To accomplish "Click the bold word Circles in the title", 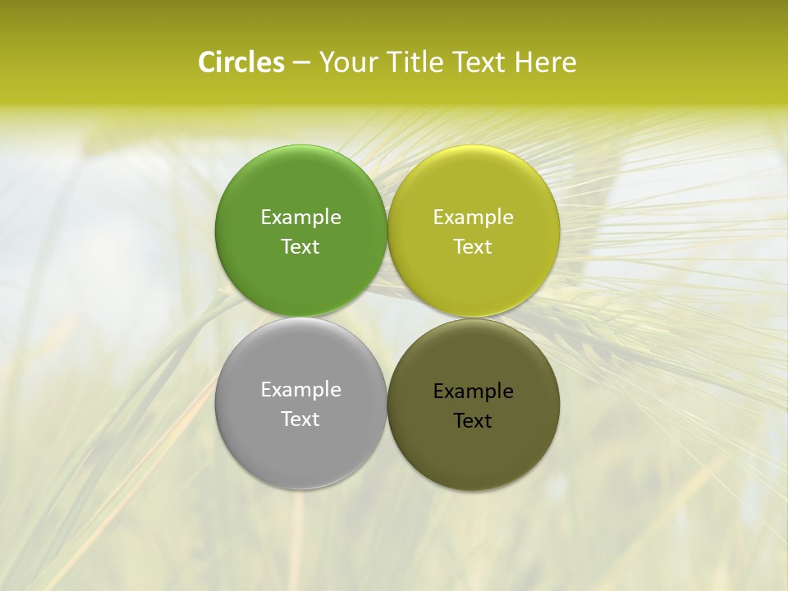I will click(x=241, y=62).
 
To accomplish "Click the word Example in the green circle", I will click(x=300, y=218).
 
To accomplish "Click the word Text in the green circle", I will click(x=300, y=247).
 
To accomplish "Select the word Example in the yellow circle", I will click(x=474, y=218).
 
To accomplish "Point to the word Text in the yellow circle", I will click(x=474, y=247).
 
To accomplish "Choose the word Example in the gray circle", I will click(x=300, y=390).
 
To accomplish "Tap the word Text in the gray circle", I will click(x=300, y=419).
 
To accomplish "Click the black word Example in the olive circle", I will click(x=474, y=392).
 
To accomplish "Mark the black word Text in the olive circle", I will click(x=474, y=421).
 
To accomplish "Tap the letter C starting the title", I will click(x=207, y=62).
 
